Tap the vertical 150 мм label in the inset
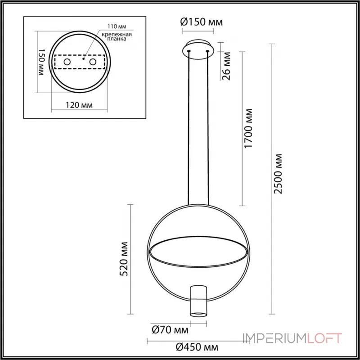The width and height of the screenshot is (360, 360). (39, 63)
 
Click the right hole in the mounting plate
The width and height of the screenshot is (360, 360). (93, 62)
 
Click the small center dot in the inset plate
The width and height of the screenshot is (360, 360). (84, 58)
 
